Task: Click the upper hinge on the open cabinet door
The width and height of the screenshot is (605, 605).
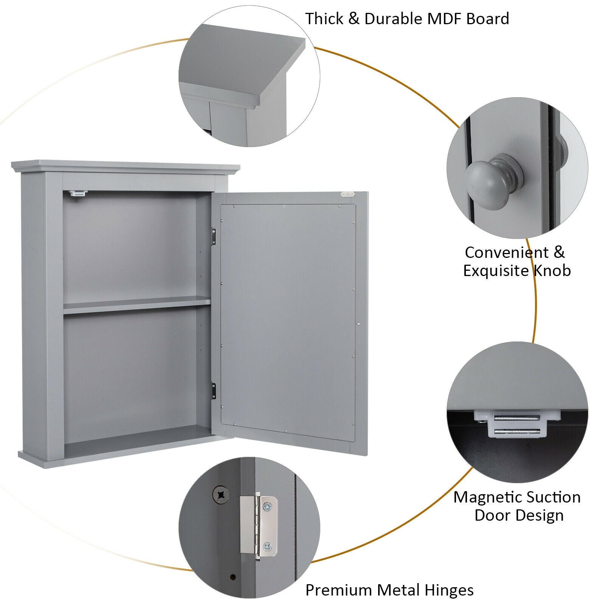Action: (x=214, y=236)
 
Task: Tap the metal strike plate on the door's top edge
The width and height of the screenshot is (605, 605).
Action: (x=347, y=195)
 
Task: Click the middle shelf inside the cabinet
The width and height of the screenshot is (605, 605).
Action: (x=136, y=305)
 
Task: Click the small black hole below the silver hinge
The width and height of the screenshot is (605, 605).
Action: (x=232, y=577)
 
